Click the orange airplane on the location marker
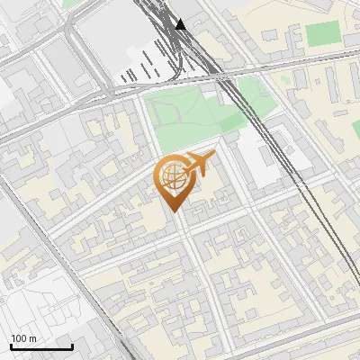199,165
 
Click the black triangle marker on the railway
181,24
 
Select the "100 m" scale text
24,338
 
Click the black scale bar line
41,346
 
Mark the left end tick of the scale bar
11,346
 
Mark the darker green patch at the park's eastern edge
238,112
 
